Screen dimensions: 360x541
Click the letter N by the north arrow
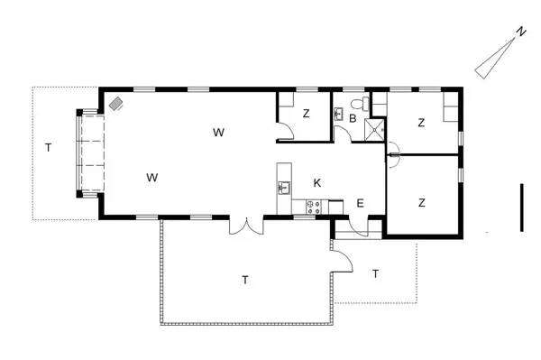click(520, 32)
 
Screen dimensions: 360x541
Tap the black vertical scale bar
click(521, 208)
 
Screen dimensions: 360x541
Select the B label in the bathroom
click(353, 118)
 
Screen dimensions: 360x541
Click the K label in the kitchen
click(316, 183)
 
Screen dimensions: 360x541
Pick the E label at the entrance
click(360, 203)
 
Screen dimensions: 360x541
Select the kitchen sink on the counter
click(284, 188)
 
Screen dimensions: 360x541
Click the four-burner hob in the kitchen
click(314, 207)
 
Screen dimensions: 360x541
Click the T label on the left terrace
click(48, 146)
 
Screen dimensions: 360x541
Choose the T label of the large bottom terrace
click(244, 280)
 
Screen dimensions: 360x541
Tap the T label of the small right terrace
click(375, 272)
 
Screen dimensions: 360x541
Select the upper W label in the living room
click(218, 133)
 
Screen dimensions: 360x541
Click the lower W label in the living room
click(151, 177)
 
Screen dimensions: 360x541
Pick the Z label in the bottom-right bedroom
click(421, 203)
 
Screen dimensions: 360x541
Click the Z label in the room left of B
click(306, 113)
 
